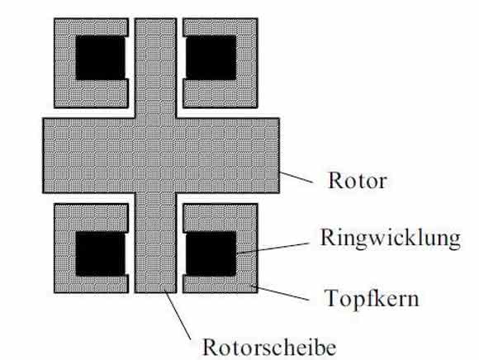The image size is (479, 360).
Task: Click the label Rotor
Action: [357, 180]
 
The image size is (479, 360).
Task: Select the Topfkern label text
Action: [371, 298]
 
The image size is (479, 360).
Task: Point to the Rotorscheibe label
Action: [269, 347]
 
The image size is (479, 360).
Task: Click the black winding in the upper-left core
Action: [101, 58]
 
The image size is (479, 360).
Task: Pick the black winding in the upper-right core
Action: [211, 58]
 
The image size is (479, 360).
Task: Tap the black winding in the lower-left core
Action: [101, 253]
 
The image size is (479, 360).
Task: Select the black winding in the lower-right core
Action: [211, 253]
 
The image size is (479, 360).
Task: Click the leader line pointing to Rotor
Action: [296, 178]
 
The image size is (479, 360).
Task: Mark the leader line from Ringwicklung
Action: [273, 249]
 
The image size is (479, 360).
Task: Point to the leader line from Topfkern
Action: [281, 292]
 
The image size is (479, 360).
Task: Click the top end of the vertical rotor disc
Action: [155, 20]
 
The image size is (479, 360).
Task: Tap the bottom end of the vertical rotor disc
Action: [155, 291]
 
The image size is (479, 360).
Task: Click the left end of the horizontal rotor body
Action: [44, 155]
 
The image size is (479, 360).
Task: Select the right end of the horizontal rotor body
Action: [278, 155]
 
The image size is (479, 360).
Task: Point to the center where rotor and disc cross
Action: [155, 155]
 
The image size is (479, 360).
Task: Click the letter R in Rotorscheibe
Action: [210, 347]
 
